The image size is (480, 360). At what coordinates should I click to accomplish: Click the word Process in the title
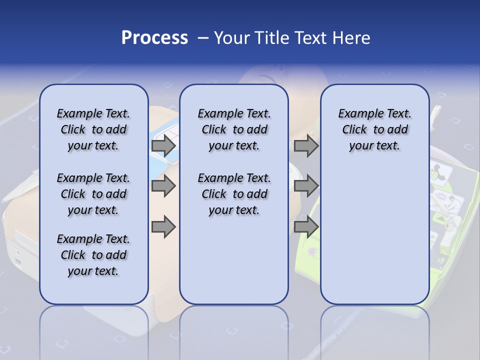pyautogui.click(x=154, y=38)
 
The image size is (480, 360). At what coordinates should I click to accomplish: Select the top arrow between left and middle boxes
pyautogui.click(x=163, y=145)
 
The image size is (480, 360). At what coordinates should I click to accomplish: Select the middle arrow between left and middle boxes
pyautogui.click(x=163, y=186)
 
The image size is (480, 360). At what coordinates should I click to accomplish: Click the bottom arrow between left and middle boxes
pyautogui.click(x=163, y=226)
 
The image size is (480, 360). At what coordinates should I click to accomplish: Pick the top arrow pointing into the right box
pyautogui.click(x=306, y=145)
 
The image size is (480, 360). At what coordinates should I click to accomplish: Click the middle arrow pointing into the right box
pyautogui.click(x=306, y=186)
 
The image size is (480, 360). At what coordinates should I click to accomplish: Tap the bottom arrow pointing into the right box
pyautogui.click(x=306, y=226)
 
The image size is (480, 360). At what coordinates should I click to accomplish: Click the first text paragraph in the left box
pyautogui.click(x=93, y=129)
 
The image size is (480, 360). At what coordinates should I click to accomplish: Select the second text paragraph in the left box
pyautogui.click(x=93, y=194)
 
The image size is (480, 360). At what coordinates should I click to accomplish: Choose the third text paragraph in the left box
pyautogui.click(x=93, y=255)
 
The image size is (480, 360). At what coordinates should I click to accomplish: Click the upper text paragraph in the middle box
pyautogui.click(x=234, y=129)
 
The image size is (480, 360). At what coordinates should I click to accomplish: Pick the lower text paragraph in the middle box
pyautogui.click(x=234, y=194)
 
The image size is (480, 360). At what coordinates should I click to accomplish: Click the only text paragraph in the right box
pyautogui.click(x=374, y=129)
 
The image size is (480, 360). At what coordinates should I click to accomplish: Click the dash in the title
pyautogui.click(x=203, y=38)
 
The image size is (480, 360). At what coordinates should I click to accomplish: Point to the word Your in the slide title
pyautogui.click(x=232, y=38)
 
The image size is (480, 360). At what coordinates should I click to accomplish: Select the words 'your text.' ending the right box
pyautogui.click(x=374, y=146)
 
